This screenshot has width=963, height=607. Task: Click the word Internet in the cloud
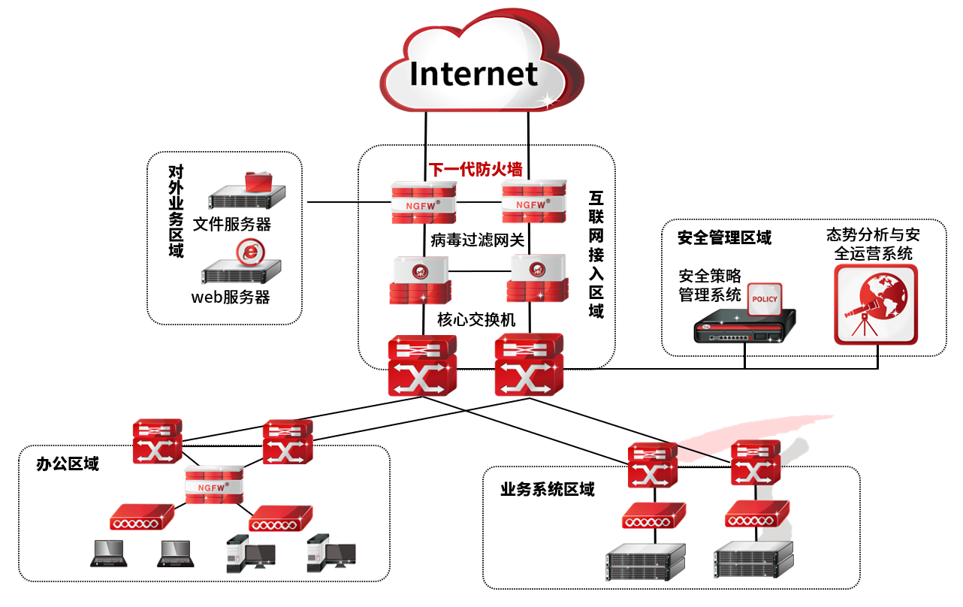473,74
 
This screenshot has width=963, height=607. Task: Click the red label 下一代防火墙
475,169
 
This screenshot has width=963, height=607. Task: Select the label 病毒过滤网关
477,240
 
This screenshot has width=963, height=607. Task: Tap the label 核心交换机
476,319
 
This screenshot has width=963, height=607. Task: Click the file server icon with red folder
248,192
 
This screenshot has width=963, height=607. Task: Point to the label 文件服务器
232,224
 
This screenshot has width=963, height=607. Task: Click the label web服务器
230,297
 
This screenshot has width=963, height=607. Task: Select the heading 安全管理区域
724,238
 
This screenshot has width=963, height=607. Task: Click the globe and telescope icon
875,303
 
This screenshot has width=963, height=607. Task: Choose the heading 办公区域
68,464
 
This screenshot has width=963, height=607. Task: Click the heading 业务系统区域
548,490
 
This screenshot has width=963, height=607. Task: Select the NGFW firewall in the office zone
215,484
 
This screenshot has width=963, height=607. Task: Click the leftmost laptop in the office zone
107,553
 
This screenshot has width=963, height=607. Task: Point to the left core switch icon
422,365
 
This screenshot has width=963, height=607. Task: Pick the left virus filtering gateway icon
421,279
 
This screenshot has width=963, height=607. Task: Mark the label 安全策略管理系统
710,285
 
